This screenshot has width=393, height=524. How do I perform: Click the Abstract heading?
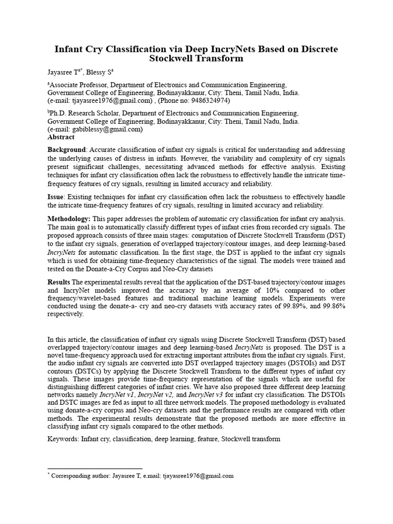[x=61, y=137]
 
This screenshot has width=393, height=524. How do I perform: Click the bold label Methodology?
[x=69, y=219]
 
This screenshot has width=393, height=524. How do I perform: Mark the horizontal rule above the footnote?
[x=95, y=468]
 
